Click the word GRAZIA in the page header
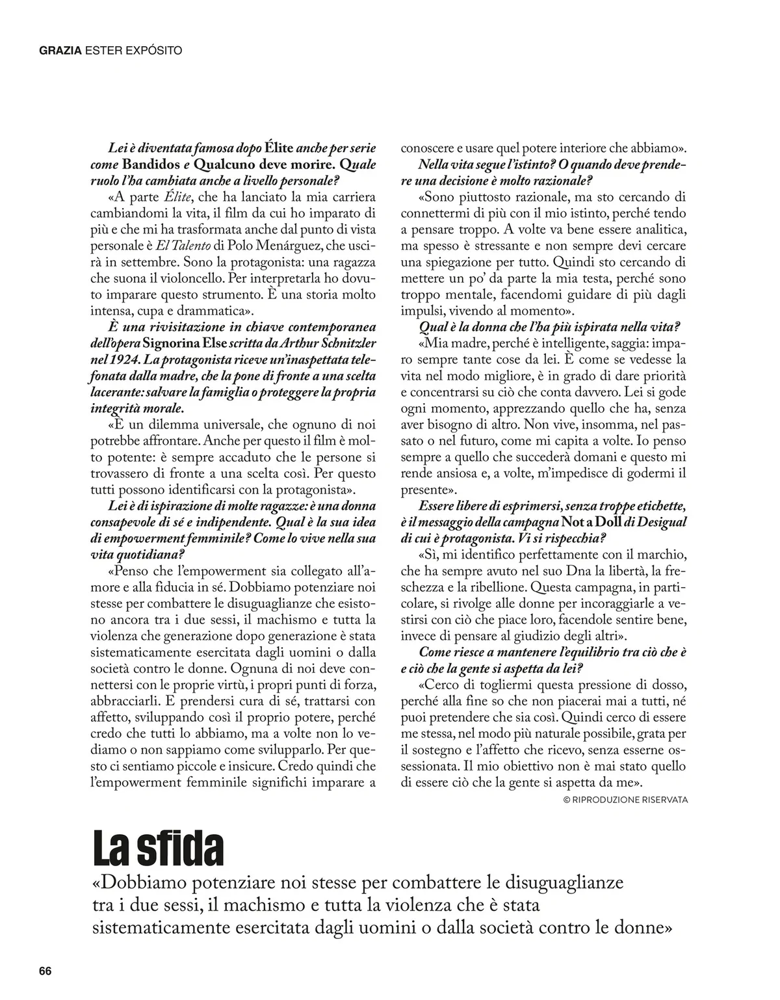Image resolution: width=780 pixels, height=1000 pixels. pyautogui.click(x=60, y=50)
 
